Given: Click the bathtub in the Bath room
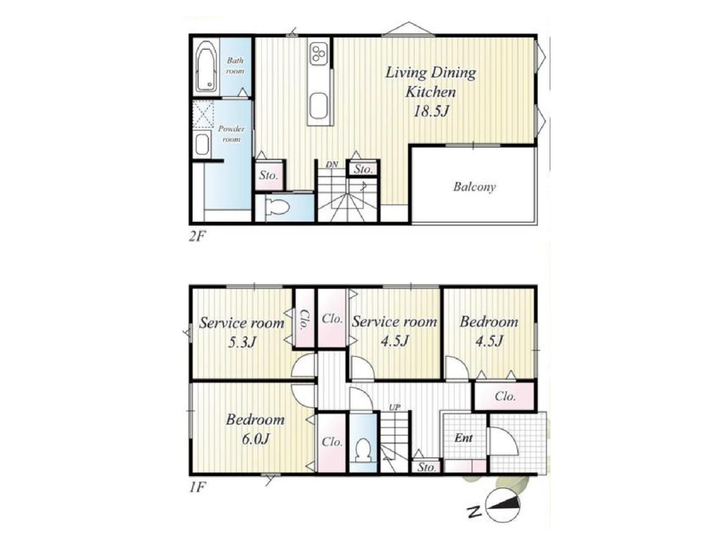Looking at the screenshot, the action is click(206, 66).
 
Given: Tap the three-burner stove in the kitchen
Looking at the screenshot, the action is click(318, 54).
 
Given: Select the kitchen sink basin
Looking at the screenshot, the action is click(319, 107).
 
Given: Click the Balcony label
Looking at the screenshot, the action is click(474, 187).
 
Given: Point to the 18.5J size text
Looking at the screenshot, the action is click(430, 111).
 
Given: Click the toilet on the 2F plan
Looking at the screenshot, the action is click(277, 208).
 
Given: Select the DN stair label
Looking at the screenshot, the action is click(332, 165).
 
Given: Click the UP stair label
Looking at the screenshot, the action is click(394, 408).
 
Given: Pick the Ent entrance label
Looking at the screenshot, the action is click(463, 438).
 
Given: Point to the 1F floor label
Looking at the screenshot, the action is click(198, 487).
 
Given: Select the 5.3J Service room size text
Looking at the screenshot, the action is click(242, 343).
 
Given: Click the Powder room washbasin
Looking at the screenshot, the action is click(202, 144).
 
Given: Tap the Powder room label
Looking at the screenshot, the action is click(231, 134).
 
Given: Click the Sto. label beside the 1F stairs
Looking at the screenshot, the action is click(426, 467).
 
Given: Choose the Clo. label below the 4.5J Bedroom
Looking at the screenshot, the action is click(505, 396).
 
